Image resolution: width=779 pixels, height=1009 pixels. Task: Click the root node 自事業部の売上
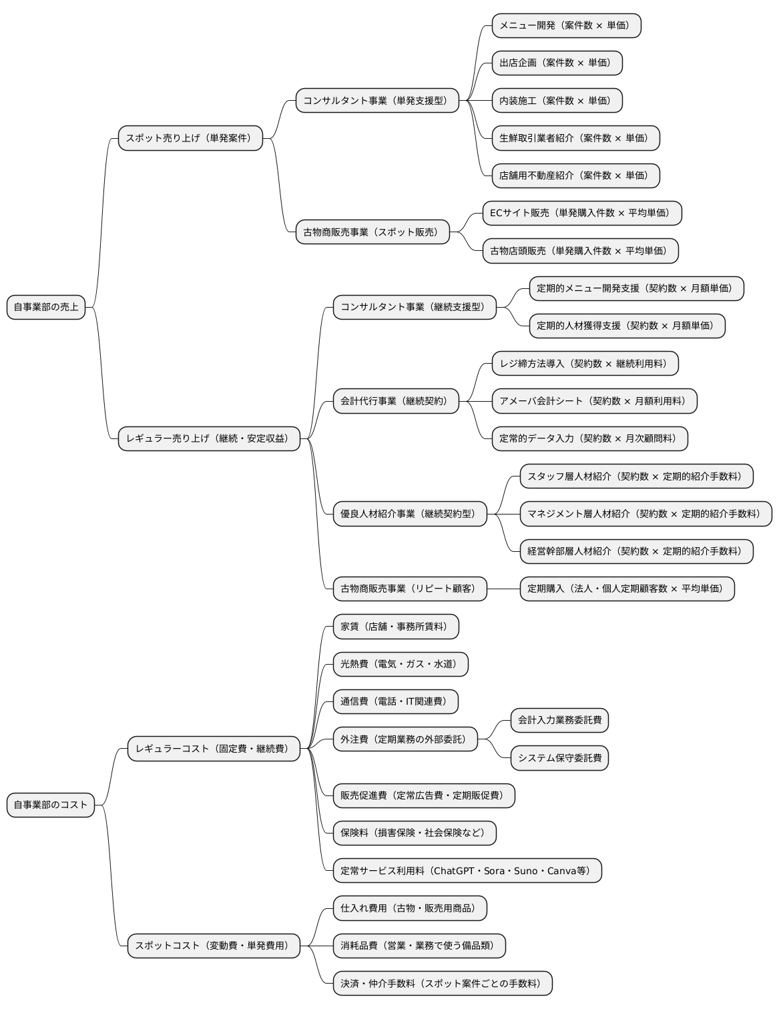pyautogui.click(x=46, y=307)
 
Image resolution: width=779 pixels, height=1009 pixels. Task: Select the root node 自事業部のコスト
pyautogui.click(x=51, y=805)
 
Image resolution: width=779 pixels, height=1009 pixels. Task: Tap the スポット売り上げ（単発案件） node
pyautogui.click(x=190, y=138)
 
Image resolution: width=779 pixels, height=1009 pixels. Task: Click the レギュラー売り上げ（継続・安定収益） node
pyautogui.click(x=209, y=438)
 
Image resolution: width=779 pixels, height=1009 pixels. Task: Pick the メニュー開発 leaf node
pyautogui.click(x=566, y=25)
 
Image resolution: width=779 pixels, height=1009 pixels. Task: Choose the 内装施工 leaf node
pyautogui.click(x=557, y=101)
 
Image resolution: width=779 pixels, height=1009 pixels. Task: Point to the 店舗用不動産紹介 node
pyautogui.click(x=575, y=176)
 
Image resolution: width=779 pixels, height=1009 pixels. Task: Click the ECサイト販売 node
pyautogui.click(x=581, y=213)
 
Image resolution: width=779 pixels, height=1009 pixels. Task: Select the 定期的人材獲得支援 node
pyautogui.click(x=627, y=326)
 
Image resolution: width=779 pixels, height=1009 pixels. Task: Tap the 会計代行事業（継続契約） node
pyautogui.click(x=396, y=401)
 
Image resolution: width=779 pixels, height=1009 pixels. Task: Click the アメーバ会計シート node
pyautogui.click(x=594, y=401)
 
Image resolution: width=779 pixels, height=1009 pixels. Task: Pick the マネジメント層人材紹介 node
pyautogui.click(x=645, y=514)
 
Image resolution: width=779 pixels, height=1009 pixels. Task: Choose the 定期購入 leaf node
pyautogui.click(x=627, y=589)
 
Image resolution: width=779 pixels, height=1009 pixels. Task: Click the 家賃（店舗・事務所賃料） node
pyautogui.click(x=396, y=627)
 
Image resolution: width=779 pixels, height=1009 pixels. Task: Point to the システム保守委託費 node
pyautogui.click(x=559, y=758)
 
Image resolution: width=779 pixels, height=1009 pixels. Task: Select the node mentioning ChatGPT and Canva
pyautogui.click(x=467, y=871)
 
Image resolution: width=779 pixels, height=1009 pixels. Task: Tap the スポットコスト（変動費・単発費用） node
pyautogui.click(x=214, y=946)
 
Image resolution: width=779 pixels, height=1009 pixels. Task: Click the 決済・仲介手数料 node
pyautogui.click(x=443, y=983)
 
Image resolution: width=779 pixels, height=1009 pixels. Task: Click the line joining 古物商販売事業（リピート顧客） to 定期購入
pyautogui.click(x=503, y=589)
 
